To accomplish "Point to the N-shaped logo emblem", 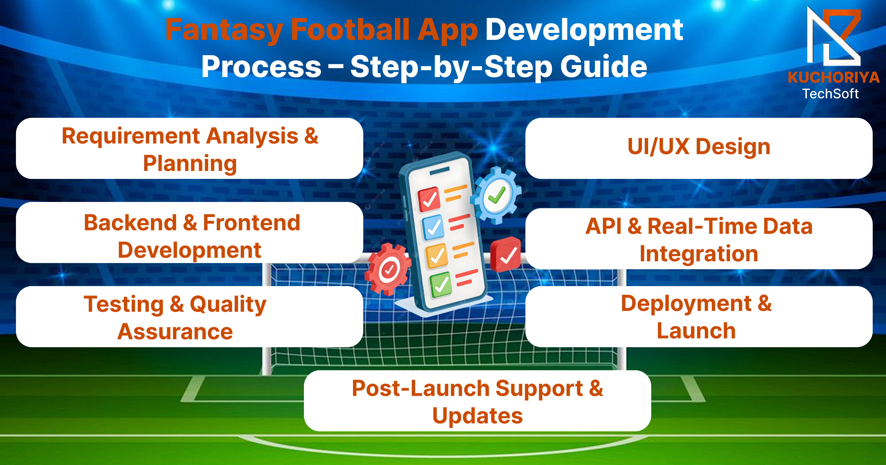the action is (x=834, y=36).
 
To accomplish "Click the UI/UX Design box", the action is (x=699, y=148).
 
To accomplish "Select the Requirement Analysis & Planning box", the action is (x=190, y=148).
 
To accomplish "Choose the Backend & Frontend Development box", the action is (x=190, y=232).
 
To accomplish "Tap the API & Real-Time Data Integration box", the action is (x=699, y=239).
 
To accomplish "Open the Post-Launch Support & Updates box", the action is (x=477, y=401).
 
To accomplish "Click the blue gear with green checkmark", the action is (x=496, y=195).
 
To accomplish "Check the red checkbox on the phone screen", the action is (x=429, y=199).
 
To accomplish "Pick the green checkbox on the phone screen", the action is (x=441, y=285).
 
